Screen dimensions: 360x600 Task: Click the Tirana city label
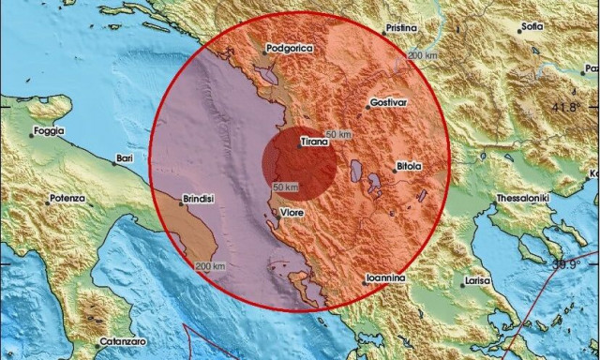[x=313, y=142]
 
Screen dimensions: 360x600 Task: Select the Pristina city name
[x=400, y=29]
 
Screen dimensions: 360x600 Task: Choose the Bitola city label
[x=409, y=166]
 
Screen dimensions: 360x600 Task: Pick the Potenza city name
[x=67, y=199]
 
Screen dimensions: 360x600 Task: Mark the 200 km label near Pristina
[x=421, y=57]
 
